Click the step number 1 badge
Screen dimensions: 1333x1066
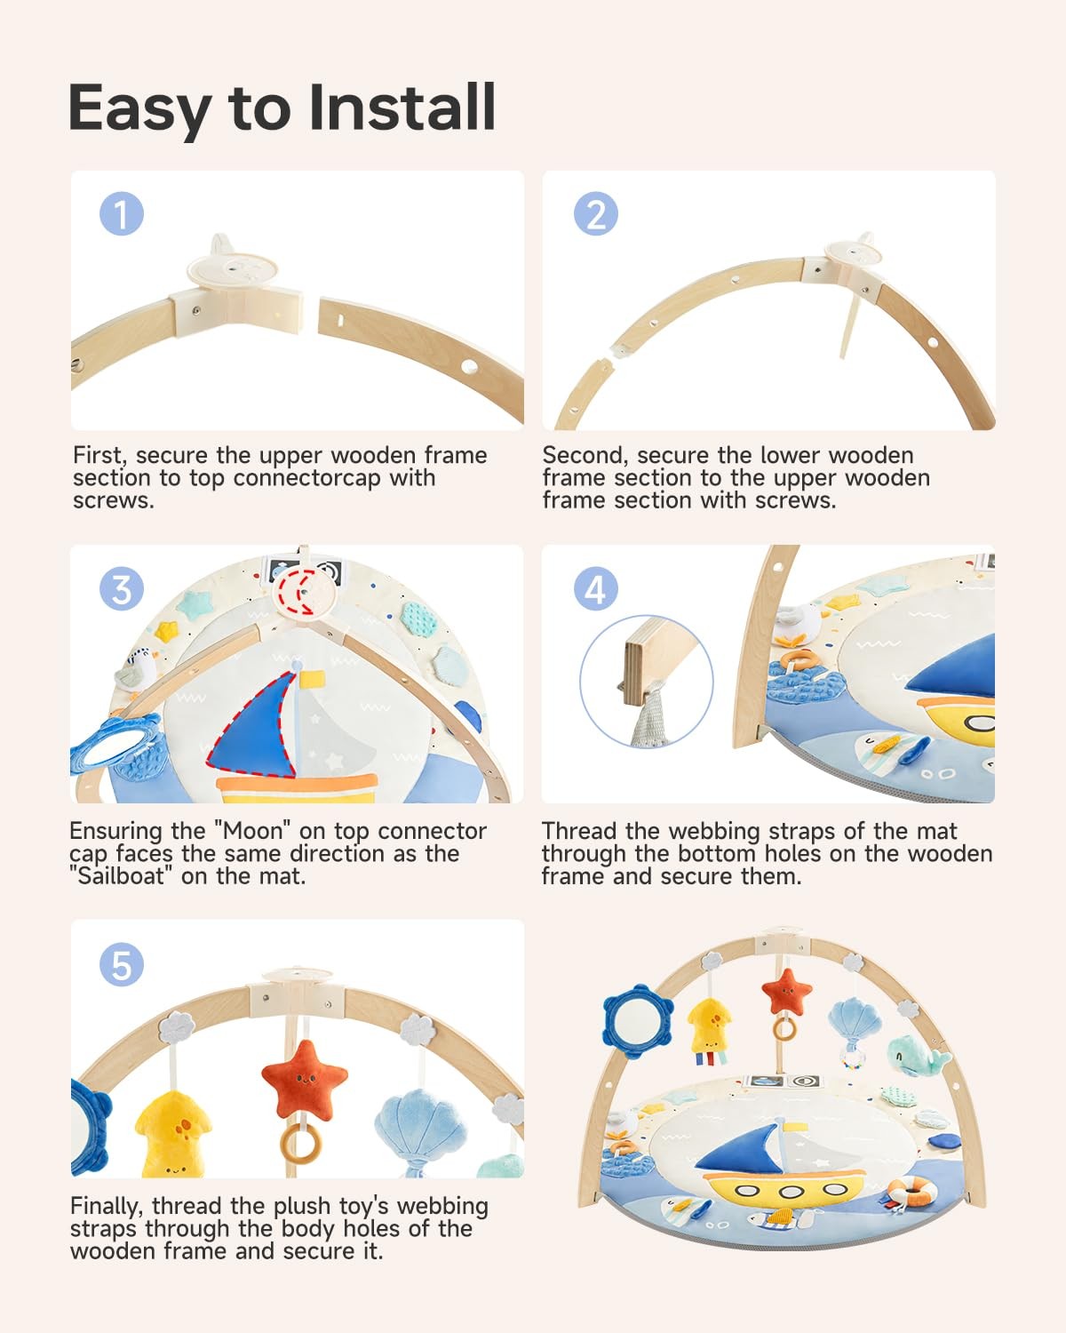coord(121,214)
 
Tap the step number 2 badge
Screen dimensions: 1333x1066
coord(595,214)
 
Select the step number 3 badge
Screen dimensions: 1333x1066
coord(121,589)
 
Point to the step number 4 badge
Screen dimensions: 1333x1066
coord(595,589)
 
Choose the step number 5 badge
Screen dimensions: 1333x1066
coord(121,965)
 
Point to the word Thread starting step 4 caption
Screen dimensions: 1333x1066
coord(579,831)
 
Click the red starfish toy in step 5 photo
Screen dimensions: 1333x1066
coord(304,1080)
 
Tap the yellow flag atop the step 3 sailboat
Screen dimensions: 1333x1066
coord(312,680)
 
